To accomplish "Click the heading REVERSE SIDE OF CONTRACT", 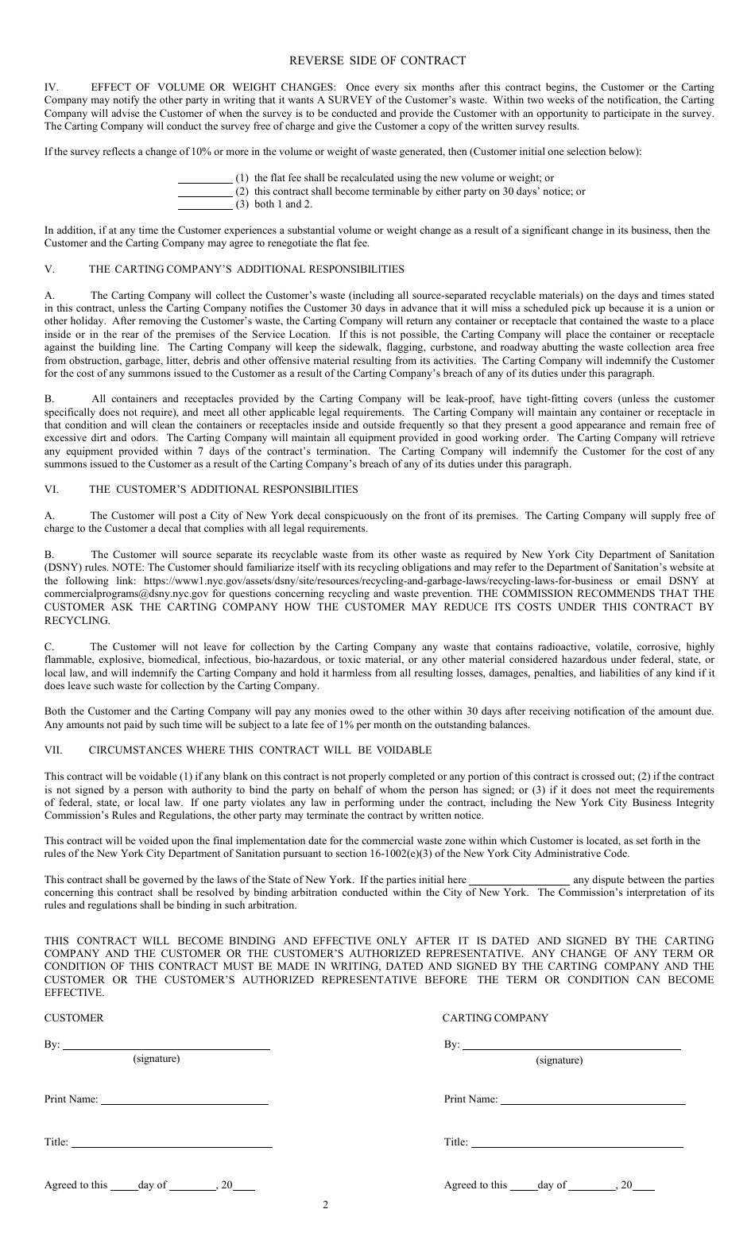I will pyautogui.click(x=377, y=60).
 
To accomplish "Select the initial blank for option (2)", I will pyautogui.click(x=204, y=192).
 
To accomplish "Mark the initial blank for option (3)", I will pyautogui.click(x=204, y=205).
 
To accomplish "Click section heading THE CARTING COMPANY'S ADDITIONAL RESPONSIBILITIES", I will pyautogui.click(x=246, y=269).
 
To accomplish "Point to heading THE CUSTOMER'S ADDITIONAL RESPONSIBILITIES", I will pyautogui.click(x=223, y=490).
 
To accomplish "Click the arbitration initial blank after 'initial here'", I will pyautogui.click(x=520, y=881).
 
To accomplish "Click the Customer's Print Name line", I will pyautogui.click(x=184, y=1101).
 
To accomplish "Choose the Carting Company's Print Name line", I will pyautogui.click(x=593, y=1101).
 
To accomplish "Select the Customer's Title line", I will pyautogui.click(x=172, y=1144).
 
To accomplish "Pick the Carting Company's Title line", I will pyautogui.click(x=576, y=1144).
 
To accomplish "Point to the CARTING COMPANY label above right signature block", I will pyautogui.click(x=495, y=1018).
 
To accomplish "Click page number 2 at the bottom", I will pyautogui.click(x=325, y=1204).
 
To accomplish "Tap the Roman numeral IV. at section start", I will pyautogui.click(x=52, y=87).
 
